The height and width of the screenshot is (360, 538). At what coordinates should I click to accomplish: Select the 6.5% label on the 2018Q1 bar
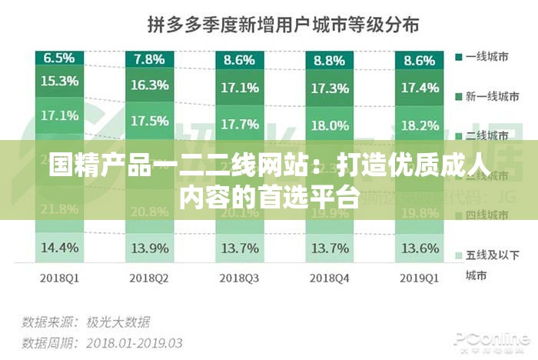[x=59, y=58]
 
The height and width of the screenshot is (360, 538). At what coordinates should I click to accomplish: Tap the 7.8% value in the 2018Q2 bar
[x=149, y=58]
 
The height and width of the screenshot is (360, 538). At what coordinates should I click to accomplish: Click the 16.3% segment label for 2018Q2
[x=149, y=85]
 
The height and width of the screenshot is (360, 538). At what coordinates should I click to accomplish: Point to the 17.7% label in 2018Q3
[x=239, y=123]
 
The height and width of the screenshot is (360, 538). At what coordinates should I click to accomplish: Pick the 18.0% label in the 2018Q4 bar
[x=329, y=125]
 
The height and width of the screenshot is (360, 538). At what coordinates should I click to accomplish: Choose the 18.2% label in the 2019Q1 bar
[x=420, y=125]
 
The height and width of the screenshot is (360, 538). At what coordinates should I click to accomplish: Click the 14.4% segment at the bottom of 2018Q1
[x=59, y=248]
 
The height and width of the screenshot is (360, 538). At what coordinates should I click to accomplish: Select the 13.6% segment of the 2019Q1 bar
[x=420, y=248]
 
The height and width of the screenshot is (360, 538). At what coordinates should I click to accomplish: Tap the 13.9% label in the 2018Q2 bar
[x=149, y=248]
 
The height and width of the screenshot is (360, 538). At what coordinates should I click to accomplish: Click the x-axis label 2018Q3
[x=239, y=276]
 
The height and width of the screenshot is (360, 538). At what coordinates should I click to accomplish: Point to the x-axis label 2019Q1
[x=420, y=276]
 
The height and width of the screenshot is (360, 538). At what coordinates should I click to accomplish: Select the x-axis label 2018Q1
[x=59, y=276]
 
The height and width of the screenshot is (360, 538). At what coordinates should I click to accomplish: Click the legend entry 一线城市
[x=486, y=57]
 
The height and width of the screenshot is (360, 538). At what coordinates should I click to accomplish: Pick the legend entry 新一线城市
[x=490, y=96]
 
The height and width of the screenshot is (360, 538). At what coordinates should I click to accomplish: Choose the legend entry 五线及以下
[x=490, y=255]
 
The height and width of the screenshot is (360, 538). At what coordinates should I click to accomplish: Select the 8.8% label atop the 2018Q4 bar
[x=329, y=58]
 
